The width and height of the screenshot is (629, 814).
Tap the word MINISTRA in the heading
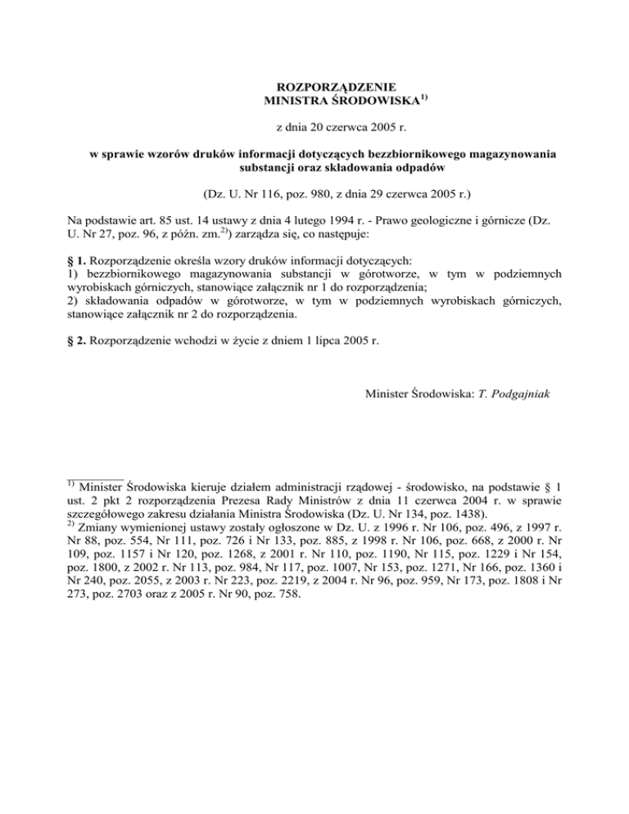tap(295, 102)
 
